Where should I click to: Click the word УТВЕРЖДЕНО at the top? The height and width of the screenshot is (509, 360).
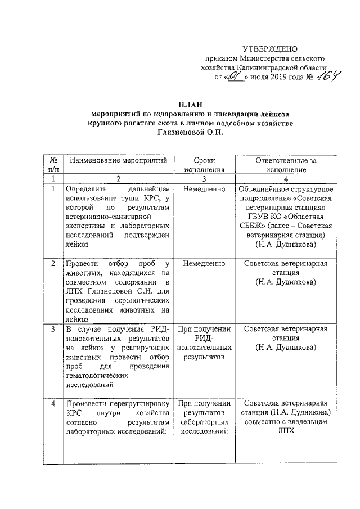(x=269, y=49)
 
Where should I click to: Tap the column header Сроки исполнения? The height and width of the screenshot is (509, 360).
(x=204, y=164)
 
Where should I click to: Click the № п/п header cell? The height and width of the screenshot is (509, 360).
(x=53, y=164)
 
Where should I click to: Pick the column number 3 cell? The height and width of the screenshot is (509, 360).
(x=204, y=178)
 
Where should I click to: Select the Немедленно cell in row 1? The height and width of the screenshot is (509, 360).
(x=204, y=190)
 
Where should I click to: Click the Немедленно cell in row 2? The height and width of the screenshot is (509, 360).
(x=204, y=263)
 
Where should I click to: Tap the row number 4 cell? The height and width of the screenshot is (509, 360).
(x=53, y=403)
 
